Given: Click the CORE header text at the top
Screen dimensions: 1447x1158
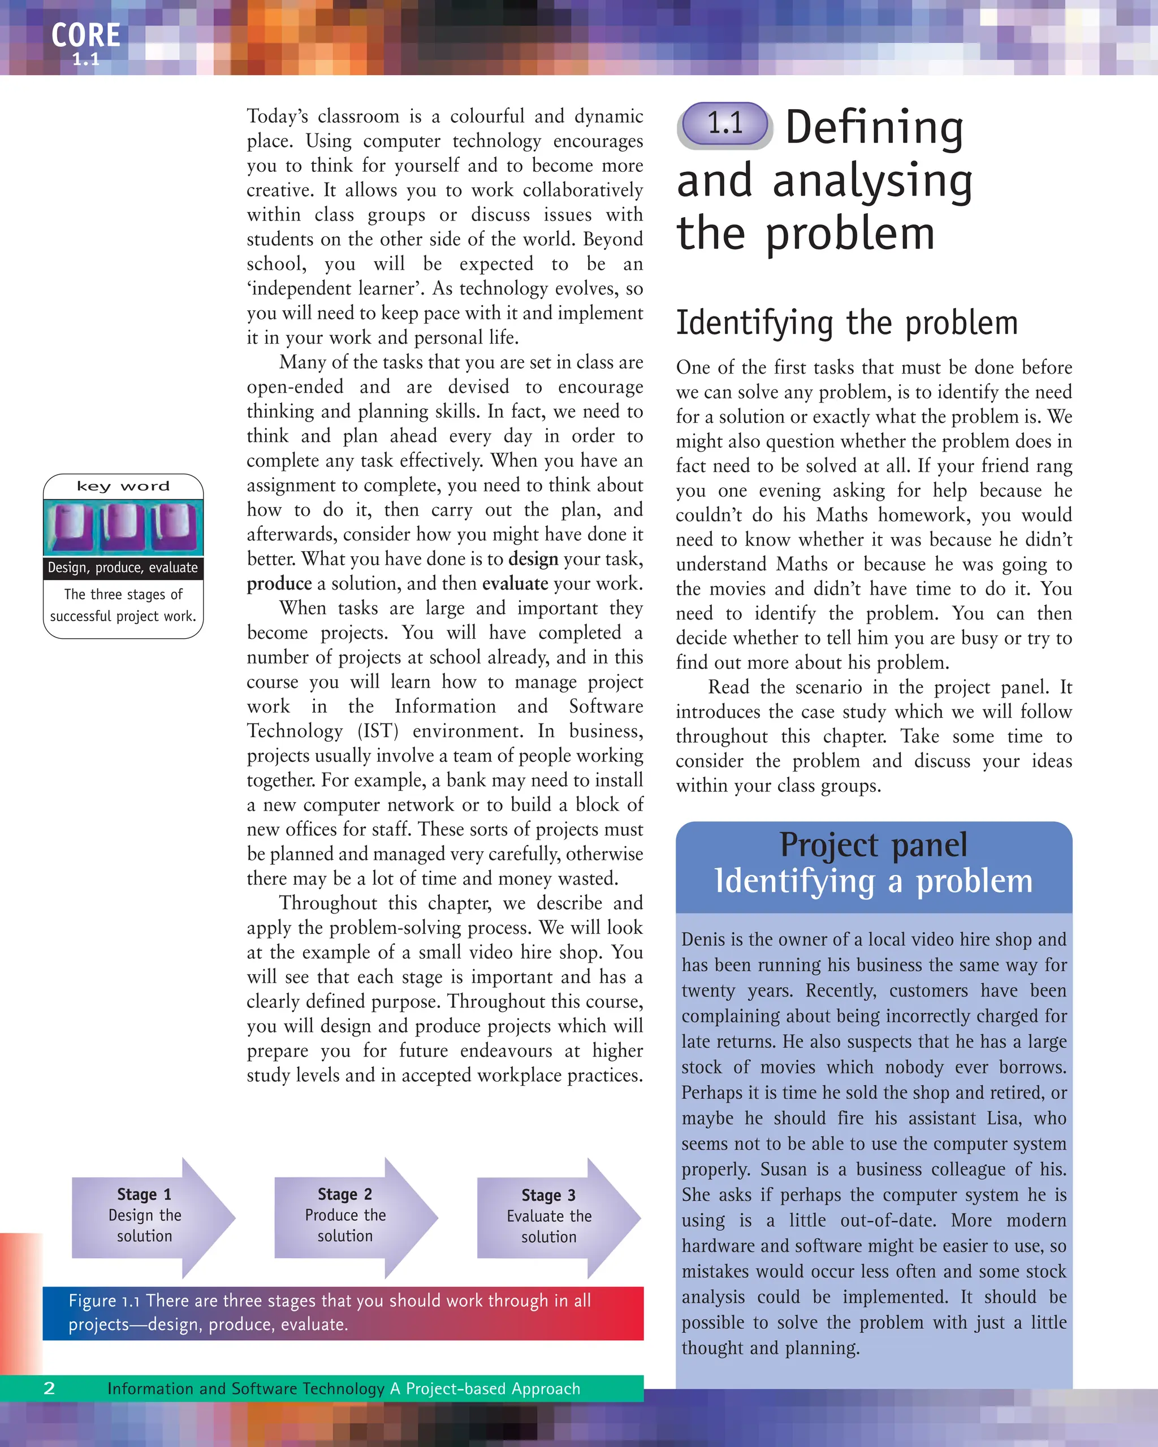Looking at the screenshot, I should point(86,36).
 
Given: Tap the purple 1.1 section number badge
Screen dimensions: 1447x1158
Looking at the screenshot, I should point(725,124).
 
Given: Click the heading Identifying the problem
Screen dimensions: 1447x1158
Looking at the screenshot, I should point(846,323).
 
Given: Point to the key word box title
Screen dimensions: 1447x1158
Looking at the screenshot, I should point(123,487).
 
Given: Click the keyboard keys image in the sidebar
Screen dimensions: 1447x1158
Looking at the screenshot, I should point(123,527).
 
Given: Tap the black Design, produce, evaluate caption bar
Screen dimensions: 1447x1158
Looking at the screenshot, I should point(123,568).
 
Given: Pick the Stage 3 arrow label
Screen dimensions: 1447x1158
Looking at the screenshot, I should point(548,1195).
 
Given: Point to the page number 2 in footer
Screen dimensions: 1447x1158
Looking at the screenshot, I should point(49,1388).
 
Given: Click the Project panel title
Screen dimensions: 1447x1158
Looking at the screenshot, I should point(874,845).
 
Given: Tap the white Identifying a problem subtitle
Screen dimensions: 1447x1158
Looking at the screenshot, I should point(874,881).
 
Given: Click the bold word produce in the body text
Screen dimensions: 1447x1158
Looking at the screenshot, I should point(279,584).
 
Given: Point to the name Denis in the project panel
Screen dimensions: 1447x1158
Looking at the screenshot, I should point(702,939).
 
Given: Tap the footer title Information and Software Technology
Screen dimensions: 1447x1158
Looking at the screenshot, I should point(246,1388).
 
